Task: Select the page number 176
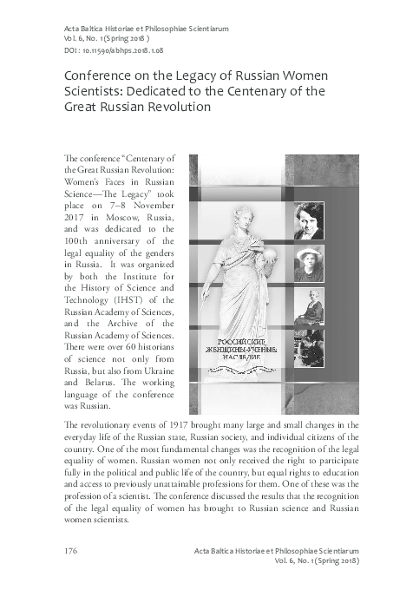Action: (73, 551)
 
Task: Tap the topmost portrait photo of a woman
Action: (309, 221)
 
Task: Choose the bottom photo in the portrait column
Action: (309, 347)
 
